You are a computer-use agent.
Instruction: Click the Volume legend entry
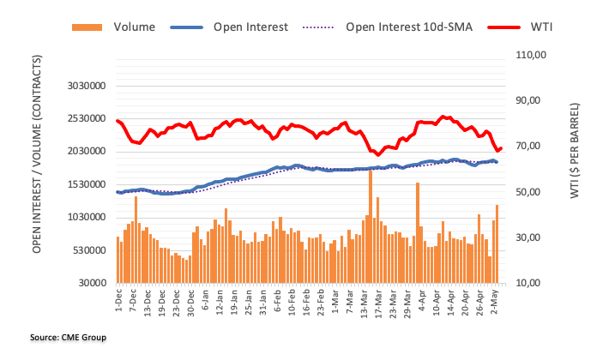pyautogui.click(x=134, y=27)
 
